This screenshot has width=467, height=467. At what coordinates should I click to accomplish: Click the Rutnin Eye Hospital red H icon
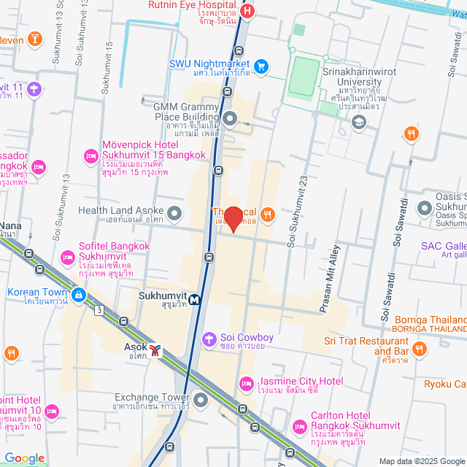click(x=247, y=11)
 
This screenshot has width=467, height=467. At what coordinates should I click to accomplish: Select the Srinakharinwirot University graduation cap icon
click(x=358, y=122)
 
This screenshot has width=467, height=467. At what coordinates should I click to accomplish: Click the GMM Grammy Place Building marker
click(x=230, y=118)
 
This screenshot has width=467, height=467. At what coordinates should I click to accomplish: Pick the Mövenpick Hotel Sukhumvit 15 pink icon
click(x=91, y=155)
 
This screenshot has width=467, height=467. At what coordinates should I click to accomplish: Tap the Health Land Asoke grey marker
click(x=174, y=213)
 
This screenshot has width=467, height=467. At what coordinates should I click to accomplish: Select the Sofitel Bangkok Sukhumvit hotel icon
click(x=68, y=257)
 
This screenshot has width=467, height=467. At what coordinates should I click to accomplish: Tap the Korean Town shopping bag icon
click(x=78, y=294)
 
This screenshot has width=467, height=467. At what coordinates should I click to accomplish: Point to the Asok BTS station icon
click(x=155, y=350)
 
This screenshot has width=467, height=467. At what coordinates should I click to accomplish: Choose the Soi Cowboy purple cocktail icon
click(x=209, y=338)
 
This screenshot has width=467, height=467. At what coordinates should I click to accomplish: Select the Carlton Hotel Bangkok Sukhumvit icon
click(x=299, y=426)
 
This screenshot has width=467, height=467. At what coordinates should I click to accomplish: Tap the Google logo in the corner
click(x=24, y=458)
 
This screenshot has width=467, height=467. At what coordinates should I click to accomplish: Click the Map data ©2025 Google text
click(x=421, y=460)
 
